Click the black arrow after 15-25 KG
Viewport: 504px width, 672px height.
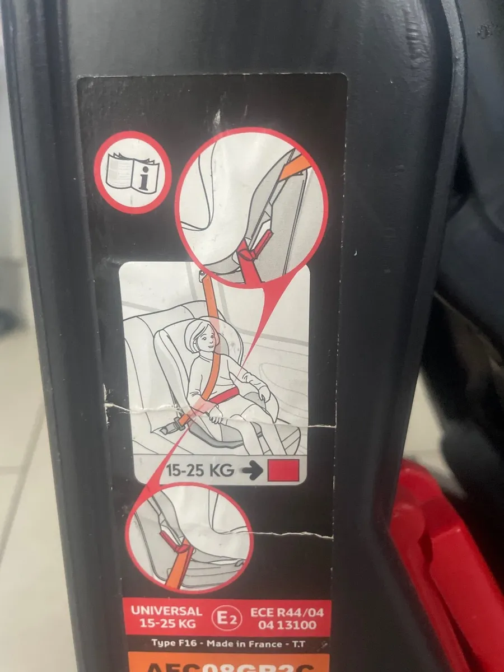[253, 471]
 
